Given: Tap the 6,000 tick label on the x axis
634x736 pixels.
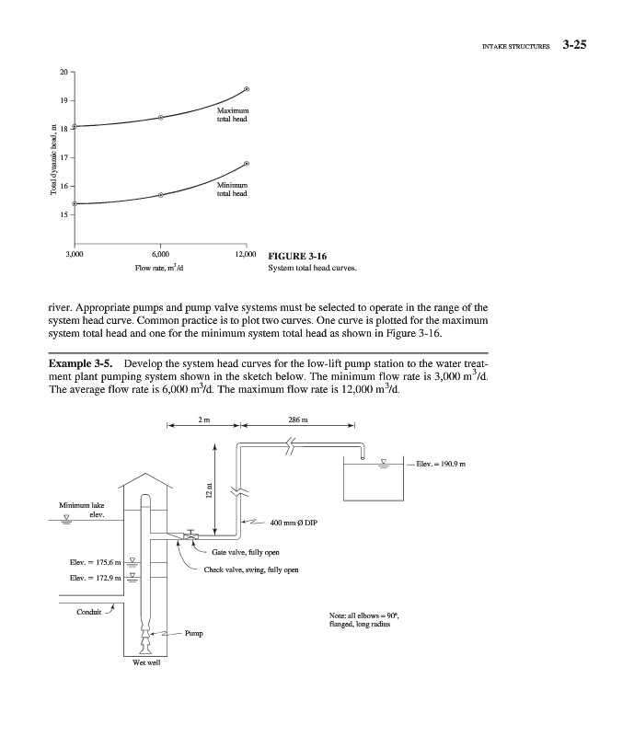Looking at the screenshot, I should pyautogui.click(x=160, y=254).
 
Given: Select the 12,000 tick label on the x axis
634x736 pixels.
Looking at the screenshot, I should pyautogui.click(x=246, y=254).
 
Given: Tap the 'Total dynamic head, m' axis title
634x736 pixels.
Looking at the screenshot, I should pyautogui.click(x=54, y=164).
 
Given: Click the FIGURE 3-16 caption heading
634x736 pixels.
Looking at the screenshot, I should pyautogui.click(x=296, y=256).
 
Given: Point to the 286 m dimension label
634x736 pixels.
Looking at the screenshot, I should pyautogui.click(x=297, y=424).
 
